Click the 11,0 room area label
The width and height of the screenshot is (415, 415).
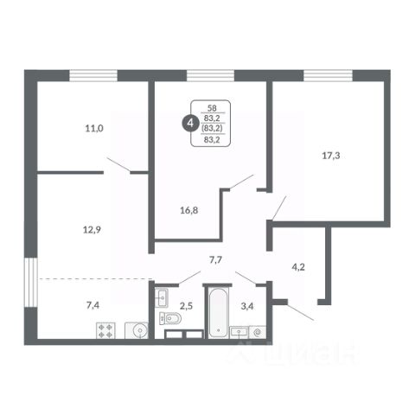click(94, 128)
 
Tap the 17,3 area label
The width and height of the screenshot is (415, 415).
click(331, 156)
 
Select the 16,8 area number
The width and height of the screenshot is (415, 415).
click(189, 210)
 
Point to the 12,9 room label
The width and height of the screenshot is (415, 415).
click(92, 230)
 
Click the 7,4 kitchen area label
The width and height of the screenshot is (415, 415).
click(93, 305)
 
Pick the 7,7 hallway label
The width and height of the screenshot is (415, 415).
click(215, 260)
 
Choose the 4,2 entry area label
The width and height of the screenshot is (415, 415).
click(298, 267)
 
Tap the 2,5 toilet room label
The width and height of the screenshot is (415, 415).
click(186, 306)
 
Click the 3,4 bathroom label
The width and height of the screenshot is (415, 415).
click(247, 306)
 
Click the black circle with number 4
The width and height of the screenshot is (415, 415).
click(190, 124)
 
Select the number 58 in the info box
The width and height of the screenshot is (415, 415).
click(212, 108)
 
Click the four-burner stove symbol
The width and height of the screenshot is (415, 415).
click(105, 330)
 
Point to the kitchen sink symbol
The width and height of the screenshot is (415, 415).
click(137, 330)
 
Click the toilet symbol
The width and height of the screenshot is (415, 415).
click(170, 318)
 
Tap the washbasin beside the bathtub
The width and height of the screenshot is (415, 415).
click(239, 332)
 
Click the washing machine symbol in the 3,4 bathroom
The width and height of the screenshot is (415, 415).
click(258, 332)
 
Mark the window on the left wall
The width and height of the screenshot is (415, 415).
click(31, 283)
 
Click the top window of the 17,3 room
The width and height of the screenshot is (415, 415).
click(329, 75)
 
